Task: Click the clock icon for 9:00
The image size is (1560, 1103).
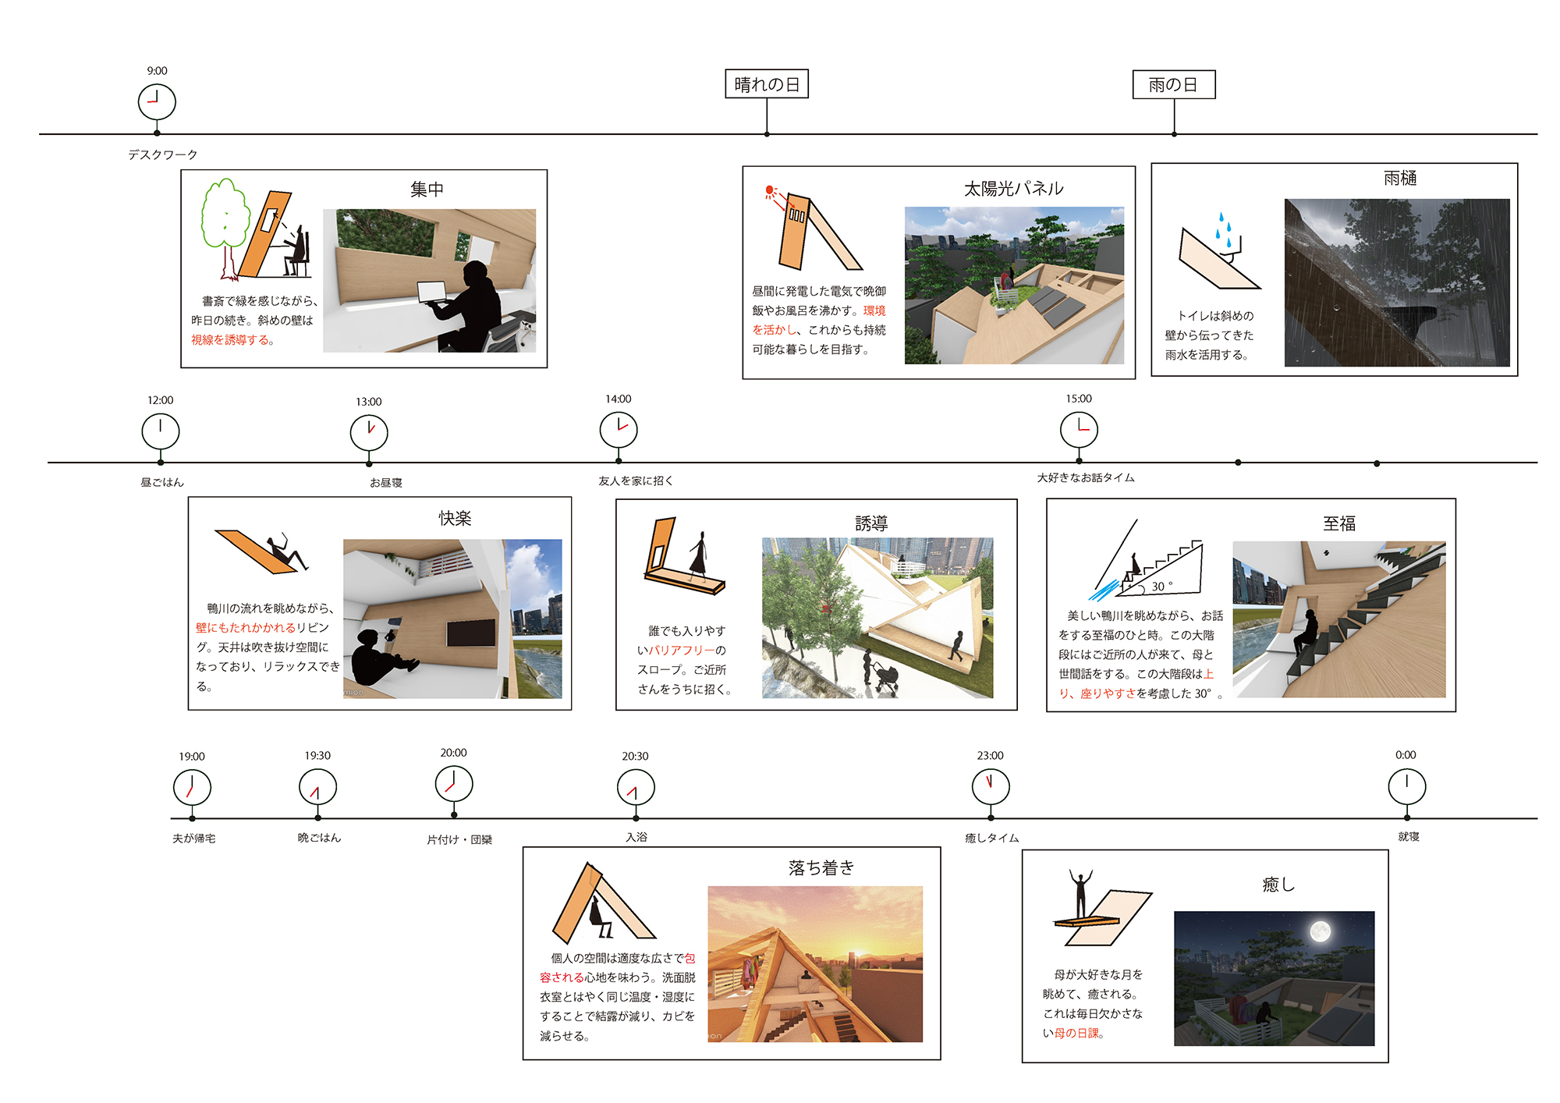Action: [x=157, y=102]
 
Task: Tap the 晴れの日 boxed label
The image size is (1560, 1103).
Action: [x=767, y=84]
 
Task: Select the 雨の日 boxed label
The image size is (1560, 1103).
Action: [x=1173, y=84]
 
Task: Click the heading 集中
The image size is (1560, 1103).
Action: [x=427, y=190]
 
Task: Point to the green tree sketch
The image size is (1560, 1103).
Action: [x=225, y=218]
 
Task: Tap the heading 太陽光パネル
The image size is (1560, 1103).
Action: [x=1013, y=189]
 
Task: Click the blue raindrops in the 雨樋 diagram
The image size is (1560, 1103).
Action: [x=1223, y=228]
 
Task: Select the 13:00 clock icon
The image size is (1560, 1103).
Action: [x=369, y=432]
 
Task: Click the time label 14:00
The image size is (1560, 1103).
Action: [x=618, y=399]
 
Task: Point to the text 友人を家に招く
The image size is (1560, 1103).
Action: [x=636, y=481]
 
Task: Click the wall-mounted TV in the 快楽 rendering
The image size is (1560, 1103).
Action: [x=471, y=633]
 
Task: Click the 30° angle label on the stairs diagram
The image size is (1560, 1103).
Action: [x=1161, y=586]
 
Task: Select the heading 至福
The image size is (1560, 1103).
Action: [x=1338, y=523]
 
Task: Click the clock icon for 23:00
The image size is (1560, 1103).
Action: [x=991, y=786]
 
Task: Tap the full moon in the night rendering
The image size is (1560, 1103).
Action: [x=1320, y=931]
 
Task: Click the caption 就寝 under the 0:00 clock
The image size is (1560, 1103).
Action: [x=1408, y=837]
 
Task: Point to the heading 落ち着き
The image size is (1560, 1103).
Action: [x=821, y=867]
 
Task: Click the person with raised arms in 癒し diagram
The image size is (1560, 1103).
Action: [x=1080, y=894]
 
